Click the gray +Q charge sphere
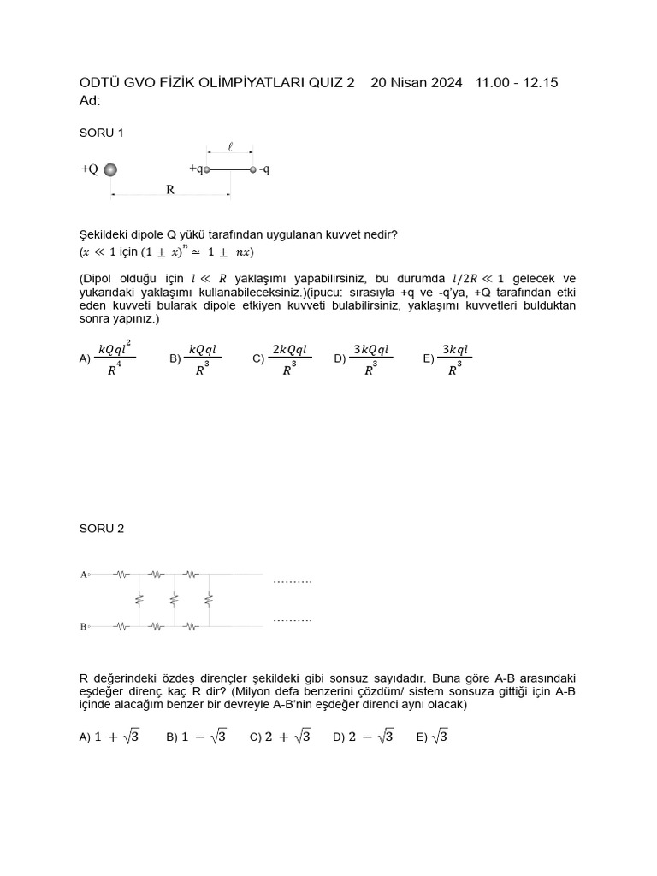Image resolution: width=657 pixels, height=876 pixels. point(110,169)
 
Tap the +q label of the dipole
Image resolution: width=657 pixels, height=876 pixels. point(195,169)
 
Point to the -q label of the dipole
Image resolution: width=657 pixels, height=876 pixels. point(264,169)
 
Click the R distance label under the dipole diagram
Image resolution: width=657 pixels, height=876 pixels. point(170,190)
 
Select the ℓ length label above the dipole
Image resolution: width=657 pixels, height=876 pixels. point(229,147)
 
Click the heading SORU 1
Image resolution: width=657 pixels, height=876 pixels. point(101,133)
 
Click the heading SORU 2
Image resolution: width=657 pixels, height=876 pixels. point(101,529)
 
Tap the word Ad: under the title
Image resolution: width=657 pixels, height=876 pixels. point(90,101)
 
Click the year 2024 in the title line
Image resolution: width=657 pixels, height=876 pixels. point(446,83)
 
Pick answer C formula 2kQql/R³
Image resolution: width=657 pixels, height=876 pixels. point(289,359)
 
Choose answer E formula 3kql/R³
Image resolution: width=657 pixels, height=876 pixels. point(454,359)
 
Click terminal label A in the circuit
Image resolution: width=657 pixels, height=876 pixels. point(84,575)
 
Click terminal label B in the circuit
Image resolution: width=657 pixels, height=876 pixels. point(84,627)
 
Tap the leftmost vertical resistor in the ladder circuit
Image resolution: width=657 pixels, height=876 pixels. point(139,601)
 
